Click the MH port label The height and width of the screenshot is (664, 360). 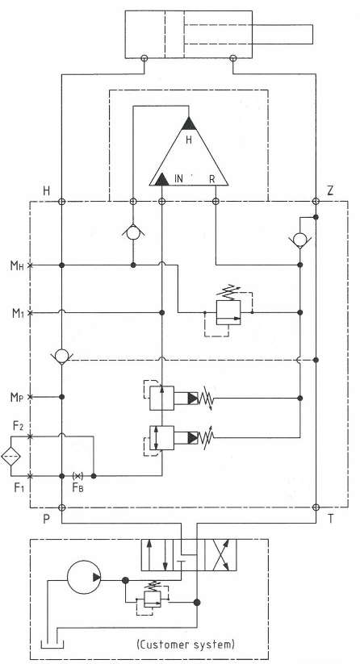tap(18, 265)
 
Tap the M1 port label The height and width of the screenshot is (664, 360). tap(18, 313)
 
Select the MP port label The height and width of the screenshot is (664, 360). tap(18, 397)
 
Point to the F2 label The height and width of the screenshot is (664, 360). tap(18, 426)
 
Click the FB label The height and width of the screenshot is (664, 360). tap(78, 488)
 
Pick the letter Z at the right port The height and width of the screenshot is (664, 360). tap(330, 190)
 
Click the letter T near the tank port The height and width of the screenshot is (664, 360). tap(330, 519)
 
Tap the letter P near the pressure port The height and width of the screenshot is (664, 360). tap(46, 519)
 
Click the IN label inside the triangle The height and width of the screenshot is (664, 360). tap(178, 179)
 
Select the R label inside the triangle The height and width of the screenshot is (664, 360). tap(212, 179)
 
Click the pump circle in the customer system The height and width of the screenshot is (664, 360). tap(84, 577)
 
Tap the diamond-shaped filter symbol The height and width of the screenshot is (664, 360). tap(10, 456)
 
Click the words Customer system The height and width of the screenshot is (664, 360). tap(186, 645)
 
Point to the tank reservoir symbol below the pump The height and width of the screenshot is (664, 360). tap(52, 645)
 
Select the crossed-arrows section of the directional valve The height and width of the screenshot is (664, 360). tap(220, 555)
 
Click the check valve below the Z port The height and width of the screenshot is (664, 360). tap(299, 240)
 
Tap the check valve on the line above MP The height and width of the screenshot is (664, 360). tap(62, 356)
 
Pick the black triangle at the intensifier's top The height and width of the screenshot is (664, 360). tap(189, 123)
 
